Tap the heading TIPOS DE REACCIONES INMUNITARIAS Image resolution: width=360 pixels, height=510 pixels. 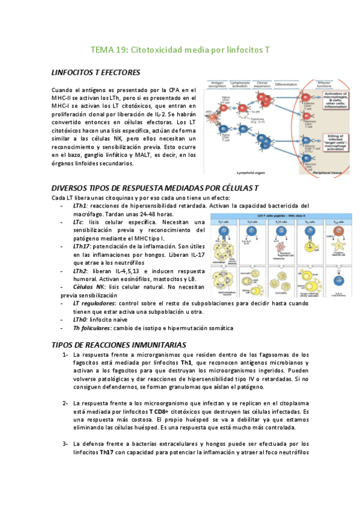click(x=118, y=345)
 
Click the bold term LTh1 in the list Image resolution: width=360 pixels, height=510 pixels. click(x=79, y=205)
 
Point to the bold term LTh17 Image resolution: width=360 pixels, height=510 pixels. click(x=81, y=247)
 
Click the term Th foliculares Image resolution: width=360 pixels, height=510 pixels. click(x=92, y=328)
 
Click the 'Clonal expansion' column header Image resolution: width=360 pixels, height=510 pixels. click(x=262, y=84)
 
